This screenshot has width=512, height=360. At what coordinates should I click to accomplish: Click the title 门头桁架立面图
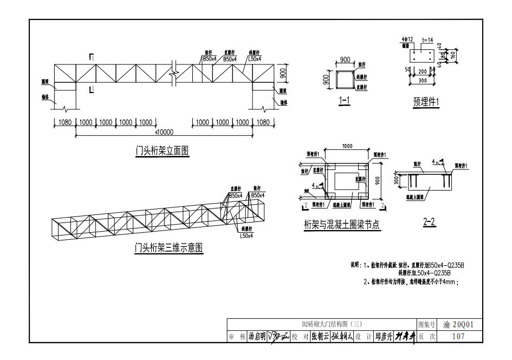coord(162,150)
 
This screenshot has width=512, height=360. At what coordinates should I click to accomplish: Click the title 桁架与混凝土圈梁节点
coord(342,227)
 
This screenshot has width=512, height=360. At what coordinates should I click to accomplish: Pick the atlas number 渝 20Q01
coord(458,325)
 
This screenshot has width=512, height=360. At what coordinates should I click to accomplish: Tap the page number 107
coord(458,336)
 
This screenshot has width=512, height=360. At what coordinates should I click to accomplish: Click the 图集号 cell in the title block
coord(426,325)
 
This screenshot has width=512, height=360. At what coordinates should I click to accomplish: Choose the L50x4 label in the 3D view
coord(247,235)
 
